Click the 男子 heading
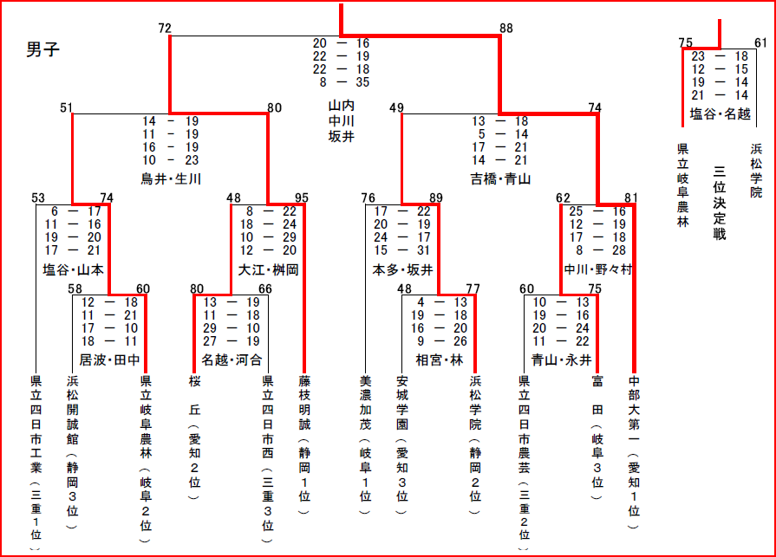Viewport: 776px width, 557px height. (x=43, y=50)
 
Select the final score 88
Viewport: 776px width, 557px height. (x=506, y=29)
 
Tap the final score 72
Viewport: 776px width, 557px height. (x=165, y=29)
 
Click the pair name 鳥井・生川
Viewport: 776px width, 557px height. (x=171, y=179)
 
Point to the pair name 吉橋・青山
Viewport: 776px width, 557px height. (x=500, y=179)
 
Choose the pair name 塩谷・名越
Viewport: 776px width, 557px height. (x=720, y=113)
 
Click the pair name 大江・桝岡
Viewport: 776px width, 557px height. (x=268, y=269)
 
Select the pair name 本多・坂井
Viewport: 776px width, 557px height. (x=402, y=269)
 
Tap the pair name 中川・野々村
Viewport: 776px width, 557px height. (x=598, y=269)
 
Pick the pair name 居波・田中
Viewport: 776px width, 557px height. (x=109, y=359)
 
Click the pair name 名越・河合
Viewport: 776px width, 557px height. (x=231, y=359)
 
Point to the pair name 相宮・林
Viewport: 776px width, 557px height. (x=440, y=359)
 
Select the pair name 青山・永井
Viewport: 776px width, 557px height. (x=561, y=359)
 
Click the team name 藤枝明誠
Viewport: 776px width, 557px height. (x=303, y=407)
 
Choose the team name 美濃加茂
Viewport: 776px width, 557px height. (x=365, y=407)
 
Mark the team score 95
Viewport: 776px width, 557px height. (x=302, y=198)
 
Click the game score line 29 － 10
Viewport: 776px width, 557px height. (x=231, y=329)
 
